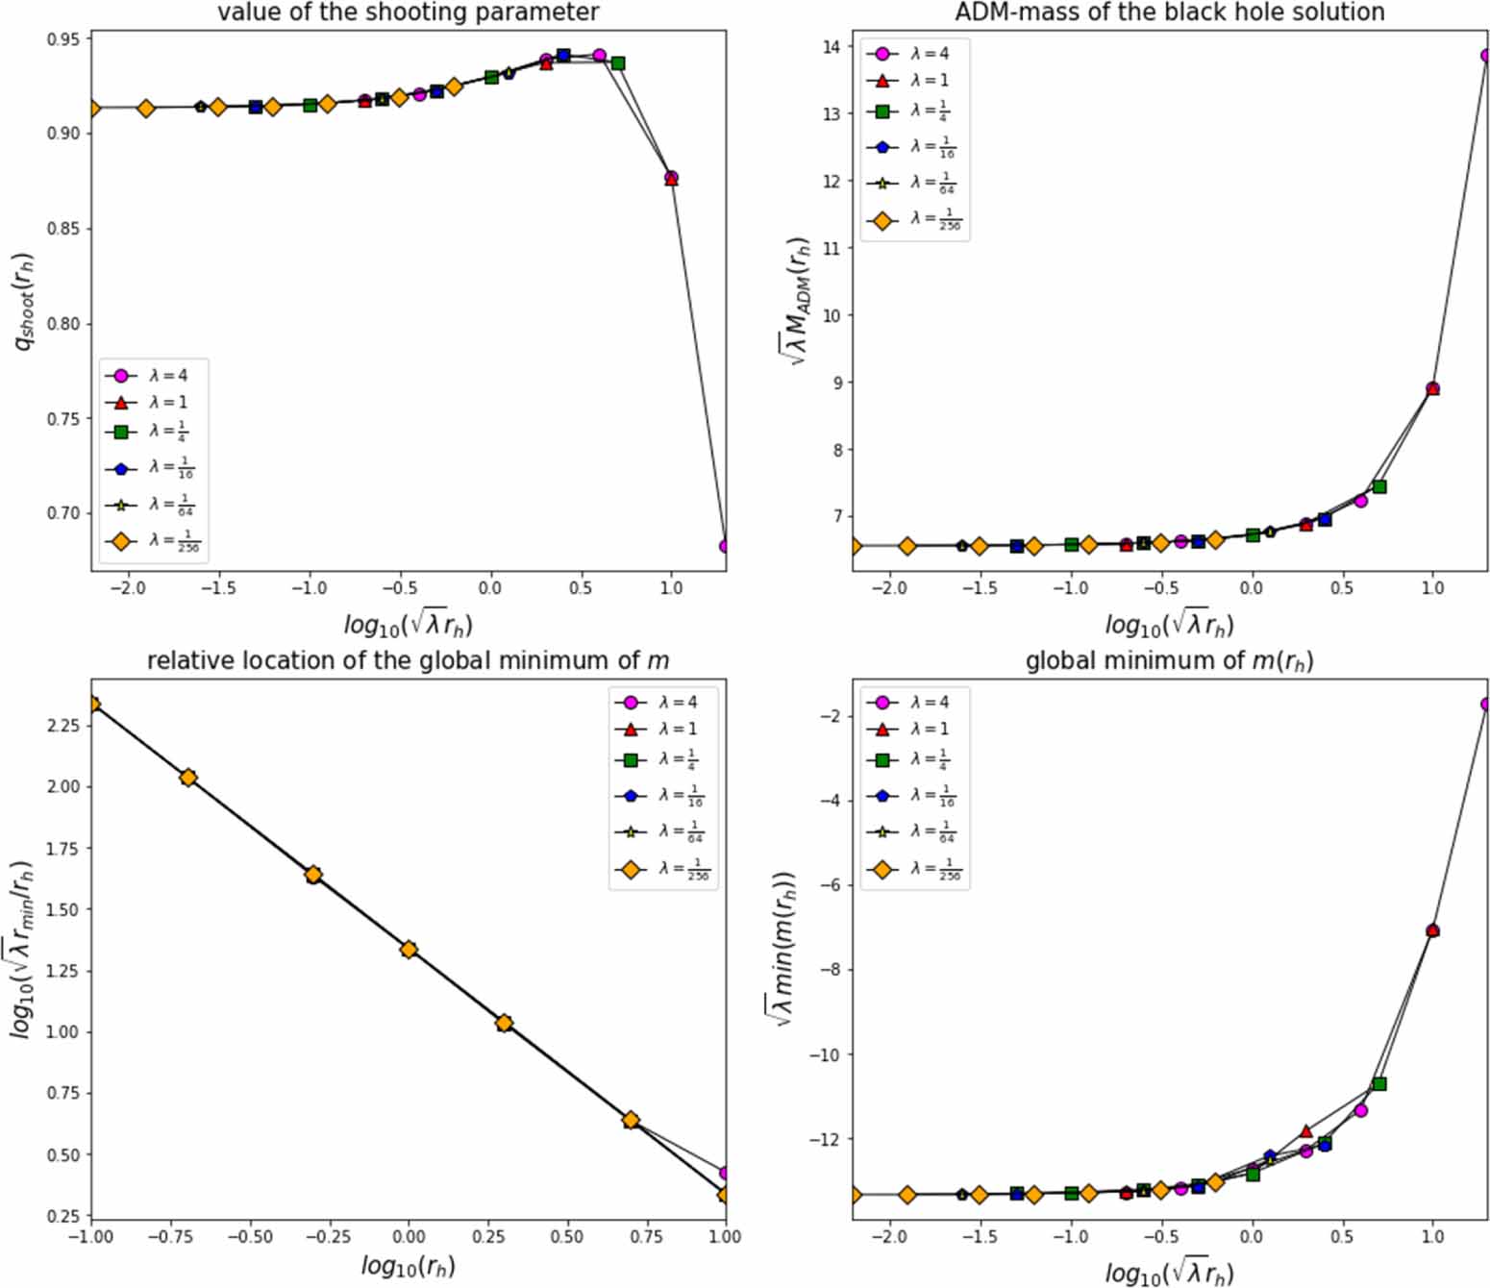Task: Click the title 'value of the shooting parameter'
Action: point(408,12)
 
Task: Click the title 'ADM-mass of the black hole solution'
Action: point(1169,12)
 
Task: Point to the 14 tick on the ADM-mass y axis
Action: point(831,47)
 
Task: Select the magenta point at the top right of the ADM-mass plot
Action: point(1485,56)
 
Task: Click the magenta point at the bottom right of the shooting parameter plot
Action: point(724,546)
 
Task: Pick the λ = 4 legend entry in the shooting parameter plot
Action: point(154,376)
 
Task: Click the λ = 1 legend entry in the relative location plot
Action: point(663,730)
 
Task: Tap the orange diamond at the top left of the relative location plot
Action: point(92,705)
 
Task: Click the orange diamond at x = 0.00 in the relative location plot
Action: point(409,950)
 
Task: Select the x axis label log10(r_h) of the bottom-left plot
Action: point(408,1266)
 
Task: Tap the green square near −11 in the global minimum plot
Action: point(1379,1084)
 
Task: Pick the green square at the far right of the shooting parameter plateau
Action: point(618,63)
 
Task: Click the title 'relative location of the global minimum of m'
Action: point(408,661)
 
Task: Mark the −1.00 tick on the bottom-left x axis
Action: point(92,1236)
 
